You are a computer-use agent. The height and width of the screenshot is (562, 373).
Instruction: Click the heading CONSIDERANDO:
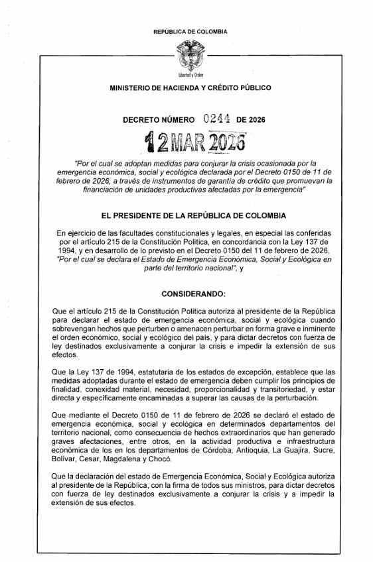point(193,293)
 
